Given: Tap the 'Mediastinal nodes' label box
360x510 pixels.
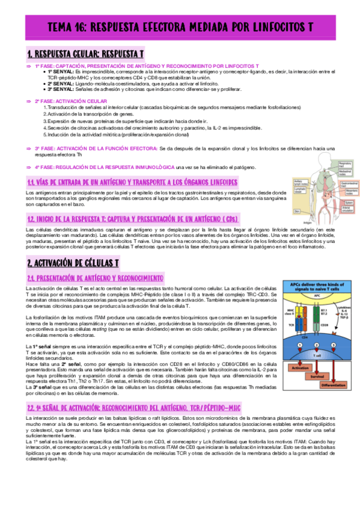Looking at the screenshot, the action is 345,170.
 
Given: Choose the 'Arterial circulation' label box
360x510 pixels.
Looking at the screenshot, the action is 345,209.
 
